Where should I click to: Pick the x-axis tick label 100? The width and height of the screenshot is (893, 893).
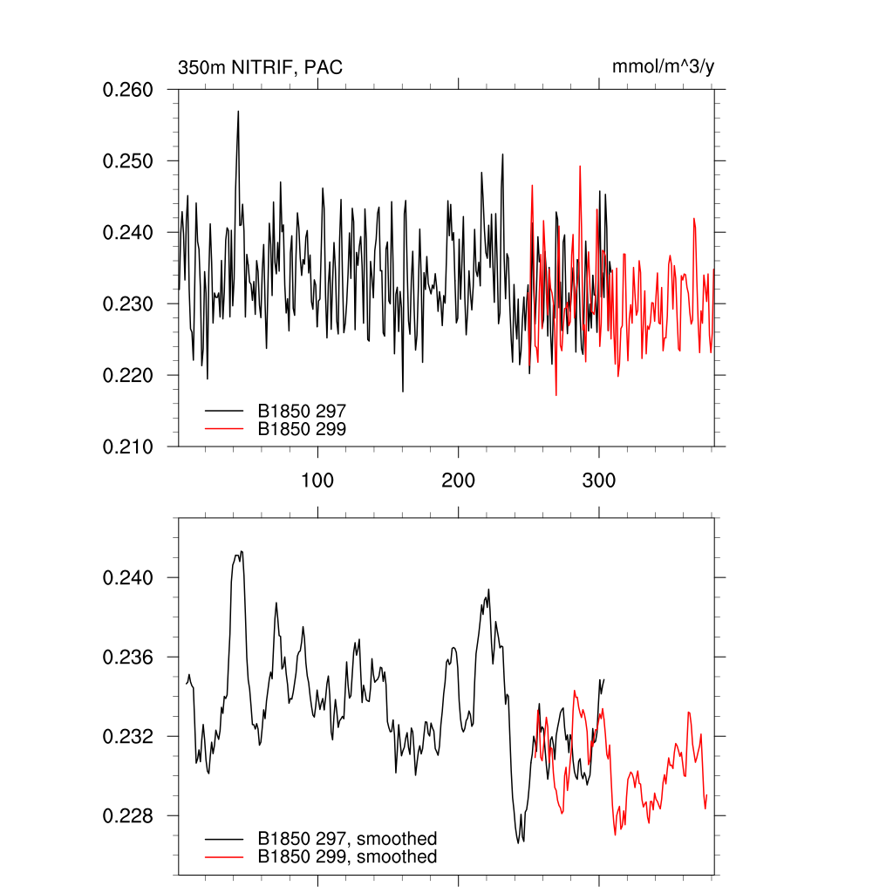coord(317,481)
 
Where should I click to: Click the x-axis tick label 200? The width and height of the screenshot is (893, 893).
coord(458,481)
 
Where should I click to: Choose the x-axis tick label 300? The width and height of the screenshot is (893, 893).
coord(599,481)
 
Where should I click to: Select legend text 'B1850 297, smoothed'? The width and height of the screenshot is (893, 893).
coord(346,839)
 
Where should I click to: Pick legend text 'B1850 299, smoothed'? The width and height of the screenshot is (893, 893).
coord(346,857)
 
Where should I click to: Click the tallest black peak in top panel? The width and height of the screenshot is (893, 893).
coord(237,112)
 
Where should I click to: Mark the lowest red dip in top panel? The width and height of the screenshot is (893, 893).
coord(556,395)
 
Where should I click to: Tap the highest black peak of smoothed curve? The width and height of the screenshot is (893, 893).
coord(241,551)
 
